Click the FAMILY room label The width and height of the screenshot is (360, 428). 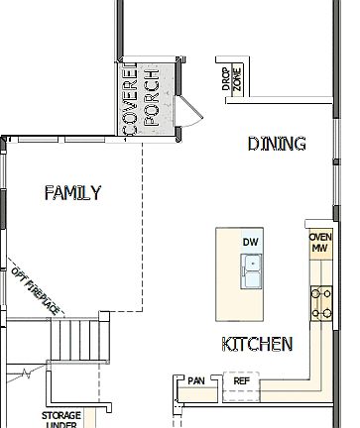72,193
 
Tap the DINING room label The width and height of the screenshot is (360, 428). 276,145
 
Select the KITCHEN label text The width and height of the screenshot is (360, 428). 256,344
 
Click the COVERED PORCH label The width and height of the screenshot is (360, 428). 140,99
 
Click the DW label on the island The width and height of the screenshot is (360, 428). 249,242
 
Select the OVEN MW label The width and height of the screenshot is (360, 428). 319,244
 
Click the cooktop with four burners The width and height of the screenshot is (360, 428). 321,302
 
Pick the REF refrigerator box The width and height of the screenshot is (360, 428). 241,380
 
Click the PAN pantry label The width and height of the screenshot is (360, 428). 195,380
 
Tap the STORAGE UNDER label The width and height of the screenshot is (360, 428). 60,420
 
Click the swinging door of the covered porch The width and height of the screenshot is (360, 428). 190,111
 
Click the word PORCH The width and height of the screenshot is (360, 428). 151,99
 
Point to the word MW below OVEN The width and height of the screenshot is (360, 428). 319,249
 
